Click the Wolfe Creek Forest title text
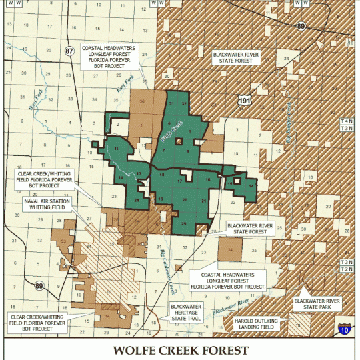[180, 350]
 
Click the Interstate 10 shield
[344, 329]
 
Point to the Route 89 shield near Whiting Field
[39, 286]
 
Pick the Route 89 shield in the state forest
[301, 26]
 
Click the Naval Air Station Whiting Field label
[42, 205]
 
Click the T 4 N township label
[346, 121]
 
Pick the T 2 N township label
[346, 269]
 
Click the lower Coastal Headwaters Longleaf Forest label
[228, 280]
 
